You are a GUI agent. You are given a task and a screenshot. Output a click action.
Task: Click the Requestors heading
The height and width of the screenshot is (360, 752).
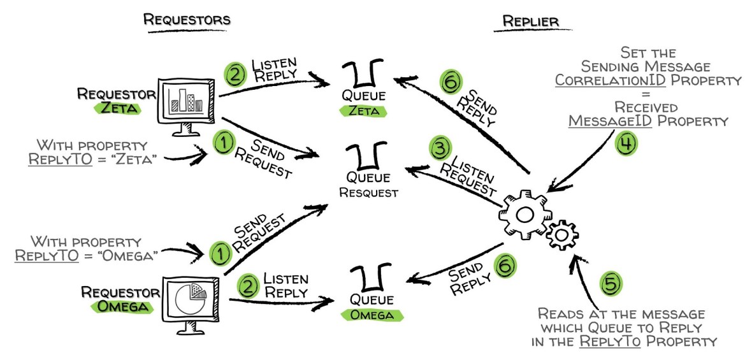pos(187,20)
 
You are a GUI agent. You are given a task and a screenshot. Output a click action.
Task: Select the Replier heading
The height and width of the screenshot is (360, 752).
pos(532,21)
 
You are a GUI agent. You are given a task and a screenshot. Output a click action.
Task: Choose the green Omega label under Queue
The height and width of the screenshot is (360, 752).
pos(372,315)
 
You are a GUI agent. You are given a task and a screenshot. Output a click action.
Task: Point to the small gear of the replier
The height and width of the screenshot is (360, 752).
pos(561,235)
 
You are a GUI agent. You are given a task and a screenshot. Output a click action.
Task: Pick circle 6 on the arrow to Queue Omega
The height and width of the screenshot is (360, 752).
pos(503,265)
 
